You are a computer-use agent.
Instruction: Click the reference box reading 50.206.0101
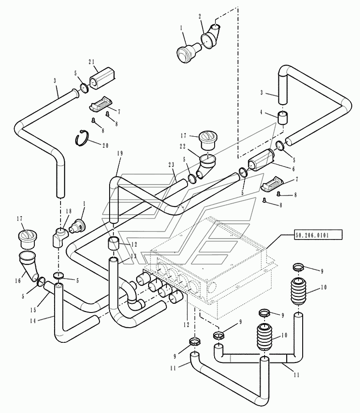pyautogui.click(x=312, y=235)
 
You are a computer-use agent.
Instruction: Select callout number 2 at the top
pyautogui.click(x=200, y=16)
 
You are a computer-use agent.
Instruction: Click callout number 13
pyautogui.click(x=133, y=256)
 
